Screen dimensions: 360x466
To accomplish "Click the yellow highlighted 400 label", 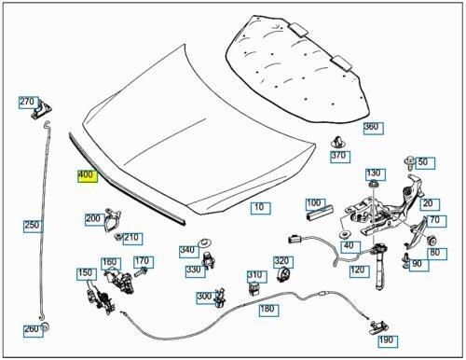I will [86, 174].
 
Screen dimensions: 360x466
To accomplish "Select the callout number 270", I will [27, 102].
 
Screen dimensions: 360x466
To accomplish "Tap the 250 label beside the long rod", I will [33, 225].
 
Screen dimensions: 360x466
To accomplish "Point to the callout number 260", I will [33, 329].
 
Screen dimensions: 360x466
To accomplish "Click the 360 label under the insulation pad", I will [371, 127].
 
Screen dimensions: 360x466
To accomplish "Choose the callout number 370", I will [339, 156].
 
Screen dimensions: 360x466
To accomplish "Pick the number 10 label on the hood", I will [258, 206].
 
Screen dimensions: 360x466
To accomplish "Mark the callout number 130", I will [374, 173].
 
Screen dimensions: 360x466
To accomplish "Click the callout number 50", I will [423, 162].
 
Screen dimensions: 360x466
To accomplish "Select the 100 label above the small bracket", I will [314, 202].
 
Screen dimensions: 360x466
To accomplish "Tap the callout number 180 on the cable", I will [267, 308].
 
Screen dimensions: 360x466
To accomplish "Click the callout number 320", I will [281, 262].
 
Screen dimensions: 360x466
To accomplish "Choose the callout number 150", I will [85, 273].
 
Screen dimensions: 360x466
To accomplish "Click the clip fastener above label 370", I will [336, 141].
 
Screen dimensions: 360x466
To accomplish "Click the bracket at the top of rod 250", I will [39, 116].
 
